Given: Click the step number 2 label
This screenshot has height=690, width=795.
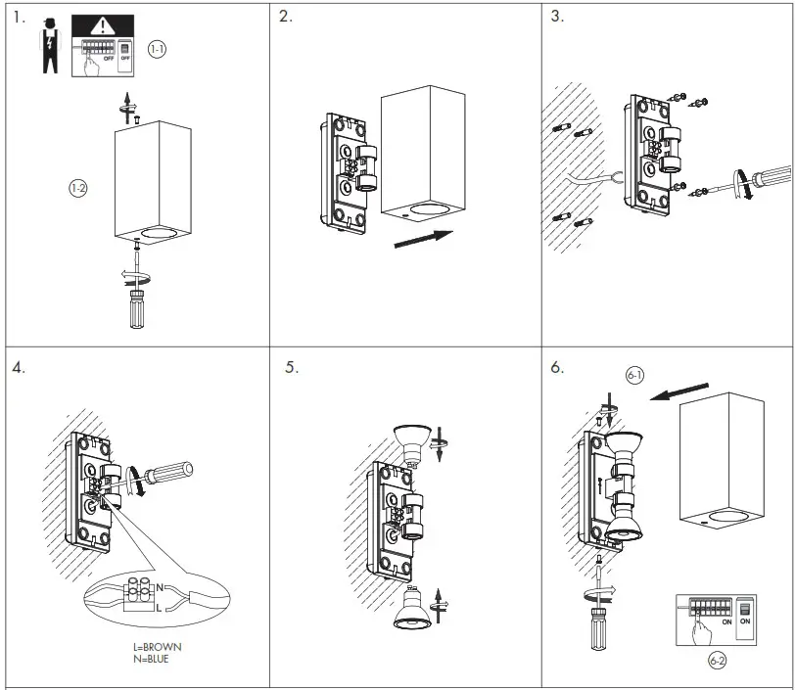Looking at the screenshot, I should (285, 17).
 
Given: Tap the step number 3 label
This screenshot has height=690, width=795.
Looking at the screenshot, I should (557, 17).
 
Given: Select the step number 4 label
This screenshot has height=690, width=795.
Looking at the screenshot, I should (19, 368).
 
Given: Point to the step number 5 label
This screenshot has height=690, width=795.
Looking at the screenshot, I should (291, 368).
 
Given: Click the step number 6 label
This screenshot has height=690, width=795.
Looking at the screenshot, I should (557, 368).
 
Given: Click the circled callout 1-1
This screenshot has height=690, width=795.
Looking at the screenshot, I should (158, 48).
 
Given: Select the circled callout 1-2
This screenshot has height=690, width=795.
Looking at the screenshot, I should (77, 189).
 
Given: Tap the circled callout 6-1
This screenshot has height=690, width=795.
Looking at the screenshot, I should (634, 375).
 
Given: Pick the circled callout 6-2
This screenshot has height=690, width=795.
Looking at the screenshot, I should (717, 662).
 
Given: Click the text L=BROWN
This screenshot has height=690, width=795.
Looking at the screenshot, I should (157, 647).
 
